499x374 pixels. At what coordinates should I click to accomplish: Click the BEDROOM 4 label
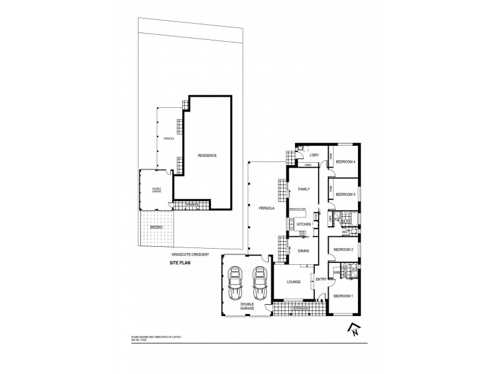click(x=345, y=162)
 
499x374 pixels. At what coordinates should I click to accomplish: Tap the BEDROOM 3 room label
click(x=345, y=194)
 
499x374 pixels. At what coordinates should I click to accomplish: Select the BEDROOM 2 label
click(x=343, y=249)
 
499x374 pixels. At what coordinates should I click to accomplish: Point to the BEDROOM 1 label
click(x=343, y=295)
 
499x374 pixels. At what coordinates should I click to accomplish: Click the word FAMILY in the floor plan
click(x=304, y=189)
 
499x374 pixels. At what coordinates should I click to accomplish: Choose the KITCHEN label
click(x=304, y=224)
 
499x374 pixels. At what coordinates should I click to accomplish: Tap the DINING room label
click(x=304, y=251)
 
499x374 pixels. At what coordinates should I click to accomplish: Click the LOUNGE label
click(x=294, y=282)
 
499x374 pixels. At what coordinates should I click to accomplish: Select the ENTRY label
click(x=321, y=280)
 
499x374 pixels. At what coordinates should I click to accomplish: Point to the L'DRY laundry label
click(x=314, y=155)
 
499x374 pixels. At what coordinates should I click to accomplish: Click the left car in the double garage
click(x=236, y=284)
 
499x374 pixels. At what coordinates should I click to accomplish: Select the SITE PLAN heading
click(x=181, y=264)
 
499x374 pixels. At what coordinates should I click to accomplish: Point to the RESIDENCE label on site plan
click(x=207, y=155)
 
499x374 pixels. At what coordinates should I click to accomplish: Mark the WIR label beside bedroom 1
click(x=336, y=272)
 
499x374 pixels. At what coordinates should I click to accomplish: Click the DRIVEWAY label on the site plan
click(x=156, y=228)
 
